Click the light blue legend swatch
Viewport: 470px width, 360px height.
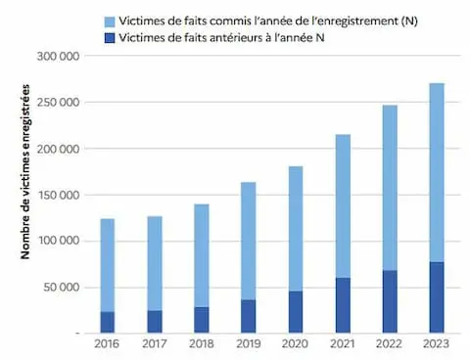(x=110, y=20)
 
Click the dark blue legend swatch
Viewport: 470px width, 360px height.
(x=110, y=38)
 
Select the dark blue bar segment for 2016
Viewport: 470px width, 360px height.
(x=108, y=322)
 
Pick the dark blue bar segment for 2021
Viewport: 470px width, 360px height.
(x=343, y=305)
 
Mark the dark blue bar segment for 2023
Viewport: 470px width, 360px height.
(x=437, y=297)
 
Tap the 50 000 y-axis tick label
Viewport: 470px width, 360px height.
(x=63, y=287)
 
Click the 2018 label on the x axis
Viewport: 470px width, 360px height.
(x=202, y=344)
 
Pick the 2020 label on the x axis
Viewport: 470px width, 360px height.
(x=296, y=344)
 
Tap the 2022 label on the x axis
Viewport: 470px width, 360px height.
(x=390, y=344)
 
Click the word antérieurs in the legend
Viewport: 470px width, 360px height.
(x=222, y=38)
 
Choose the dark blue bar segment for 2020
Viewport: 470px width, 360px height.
(x=296, y=312)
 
